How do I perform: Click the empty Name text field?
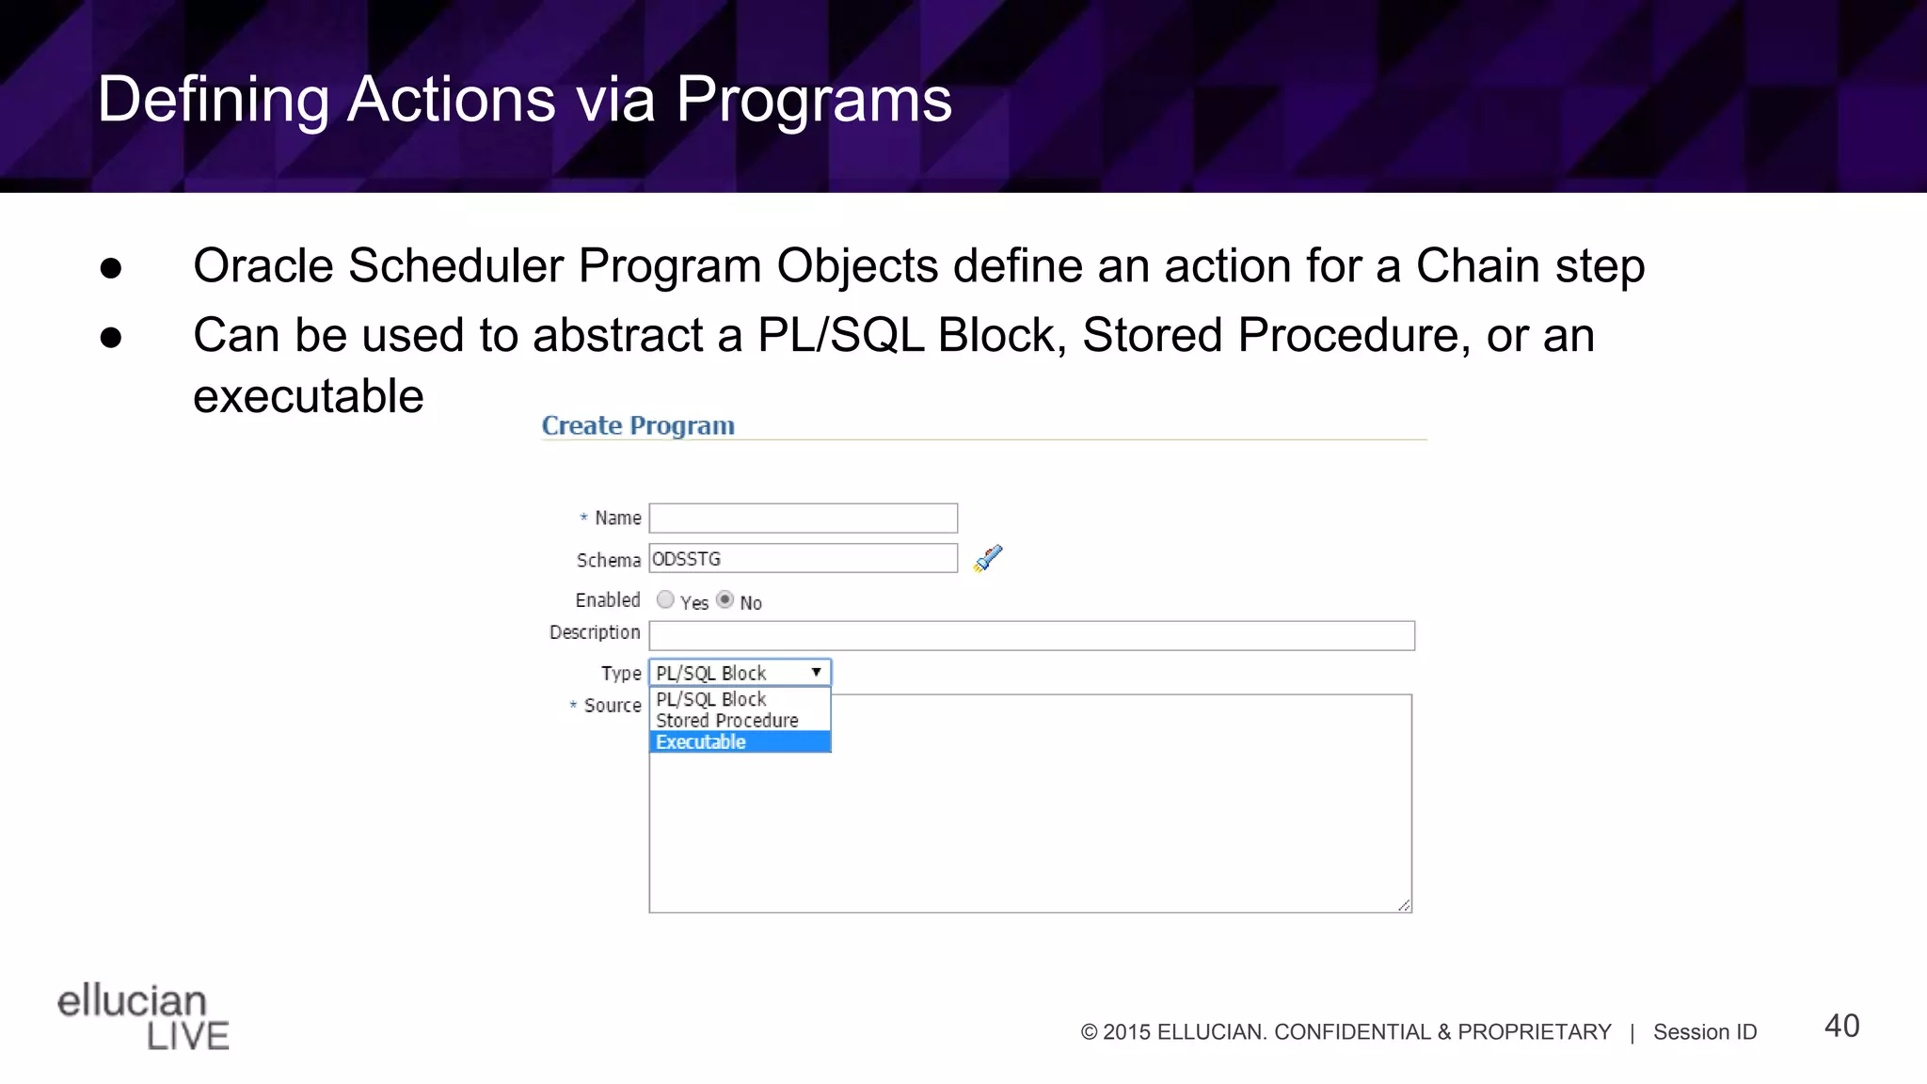(x=803, y=518)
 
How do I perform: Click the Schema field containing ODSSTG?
(x=803, y=559)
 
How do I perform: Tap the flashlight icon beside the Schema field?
(x=988, y=559)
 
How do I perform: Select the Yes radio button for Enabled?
(x=665, y=599)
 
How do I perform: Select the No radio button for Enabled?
(x=725, y=599)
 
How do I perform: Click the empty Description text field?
(x=1031, y=635)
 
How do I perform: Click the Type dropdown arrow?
(x=816, y=673)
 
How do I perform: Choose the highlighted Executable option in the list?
(x=740, y=742)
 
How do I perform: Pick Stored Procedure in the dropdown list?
(x=727, y=721)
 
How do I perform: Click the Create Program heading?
(x=638, y=426)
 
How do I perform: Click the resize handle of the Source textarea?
(x=1404, y=905)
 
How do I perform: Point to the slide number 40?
(x=1841, y=1026)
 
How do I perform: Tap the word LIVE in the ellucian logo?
(x=188, y=1036)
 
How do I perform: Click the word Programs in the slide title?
(x=814, y=100)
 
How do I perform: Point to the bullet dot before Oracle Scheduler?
(x=111, y=268)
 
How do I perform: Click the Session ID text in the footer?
(x=1705, y=1032)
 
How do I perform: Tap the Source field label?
(x=612, y=706)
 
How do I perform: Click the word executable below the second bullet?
(x=309, y=396)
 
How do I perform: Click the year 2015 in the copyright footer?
(x=1126, y=1032)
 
